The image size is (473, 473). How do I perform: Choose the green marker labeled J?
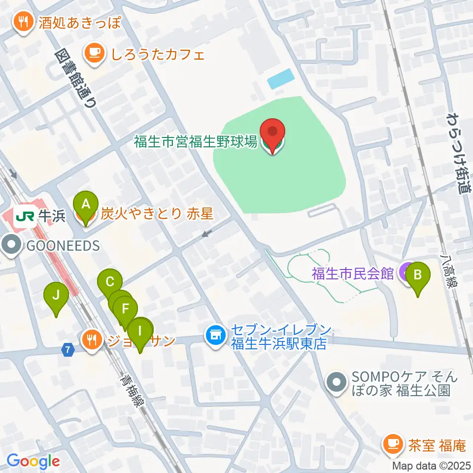point(56,297)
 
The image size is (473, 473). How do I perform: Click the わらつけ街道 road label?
point(457,152)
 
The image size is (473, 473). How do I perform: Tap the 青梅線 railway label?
point(133,389)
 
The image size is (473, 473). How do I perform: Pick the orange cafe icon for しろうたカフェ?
point(94,53)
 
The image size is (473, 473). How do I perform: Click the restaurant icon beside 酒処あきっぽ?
point(23,22)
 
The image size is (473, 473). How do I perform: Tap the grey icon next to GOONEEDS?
point(11,245)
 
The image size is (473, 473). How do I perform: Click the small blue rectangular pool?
point(281,78)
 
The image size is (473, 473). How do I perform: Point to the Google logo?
point(34,462)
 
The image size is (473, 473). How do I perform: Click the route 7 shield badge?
point(68,349)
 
